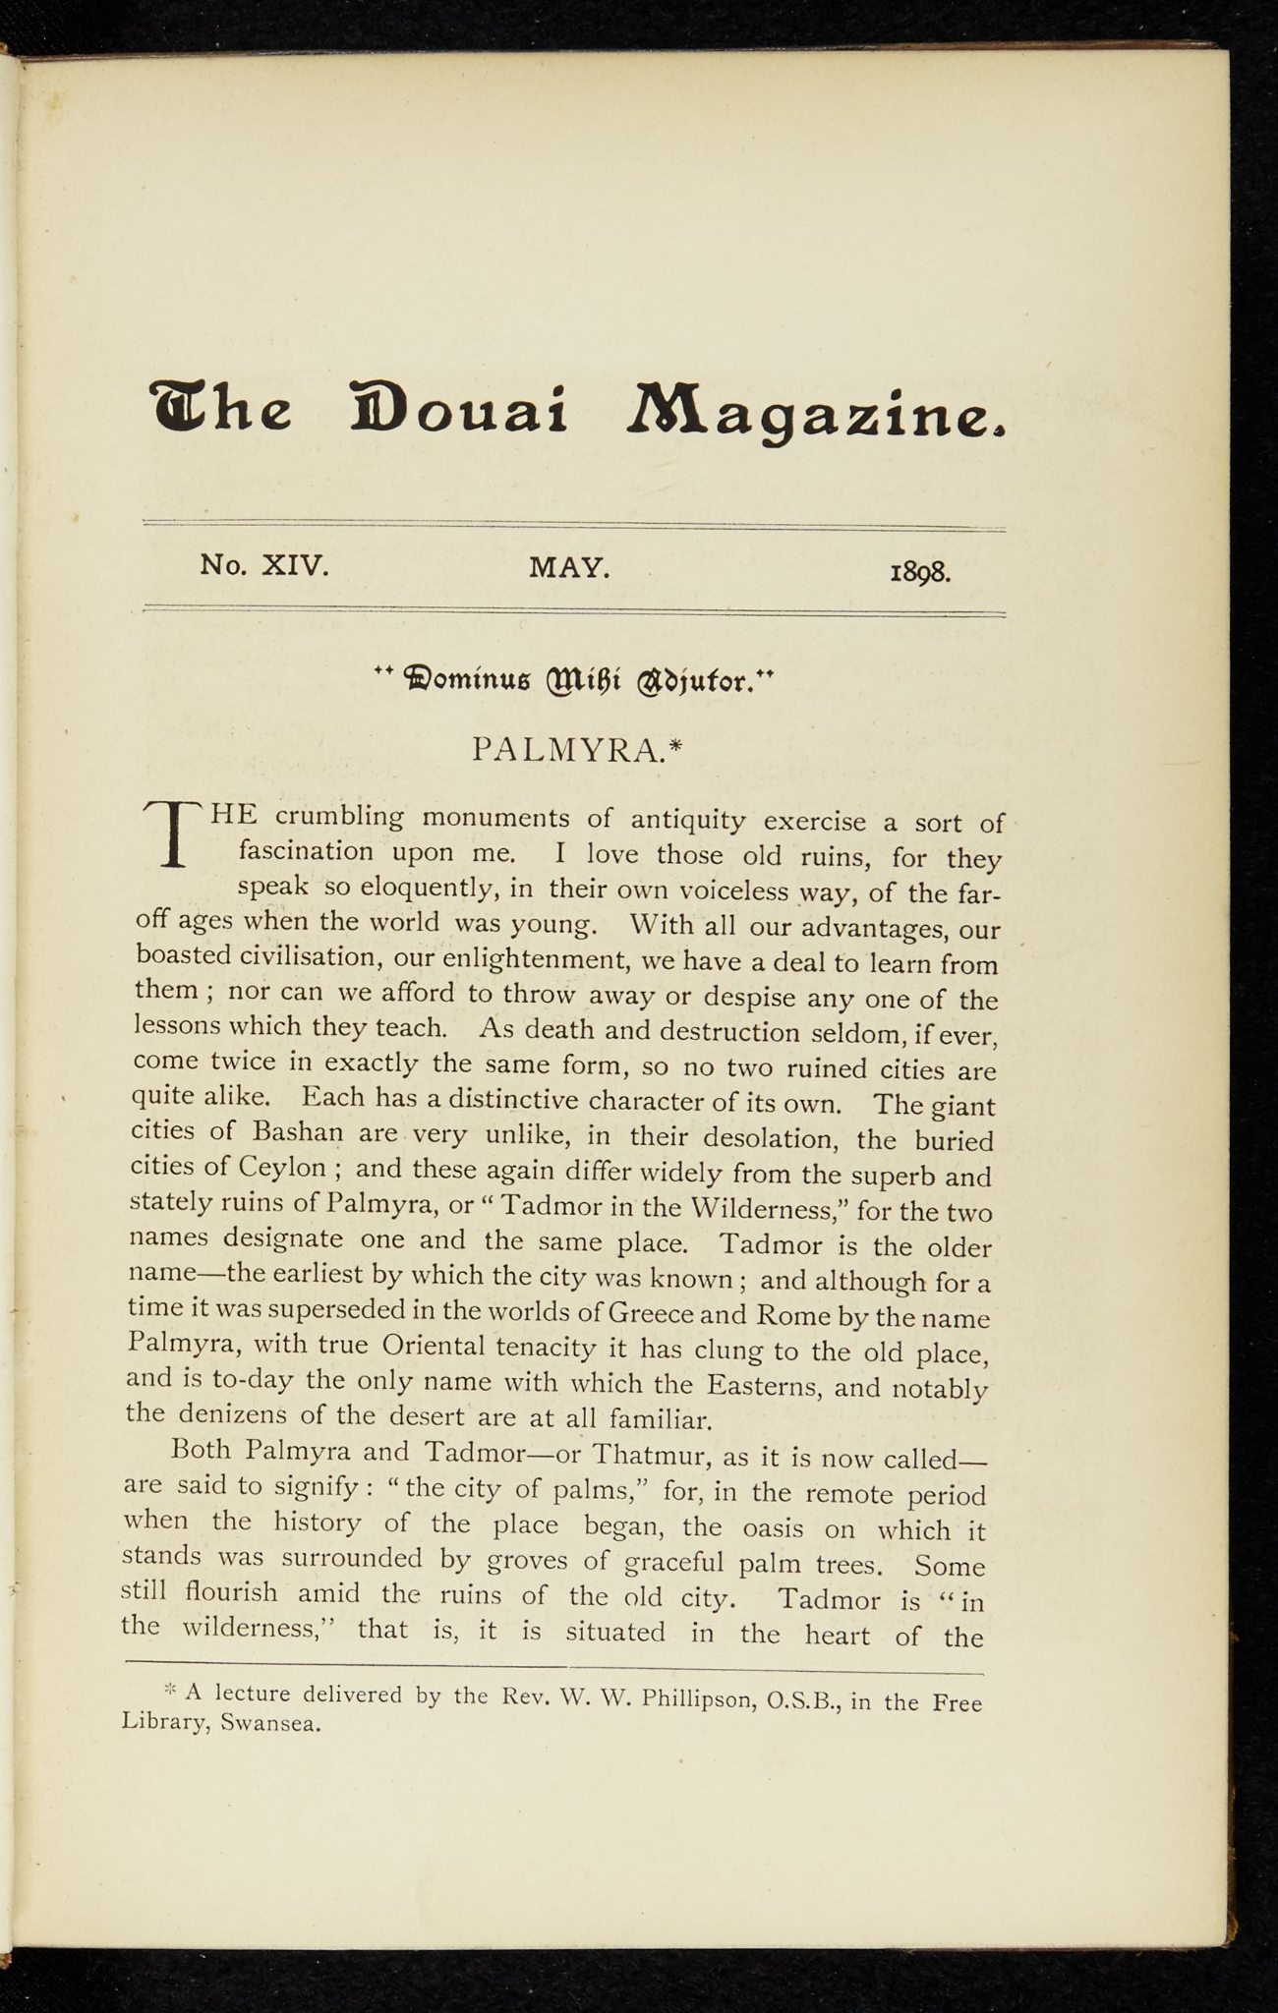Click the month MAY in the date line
click(570, 567)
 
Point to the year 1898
click(920, 572)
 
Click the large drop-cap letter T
click(173, 834)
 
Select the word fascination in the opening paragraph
click(306, 851)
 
